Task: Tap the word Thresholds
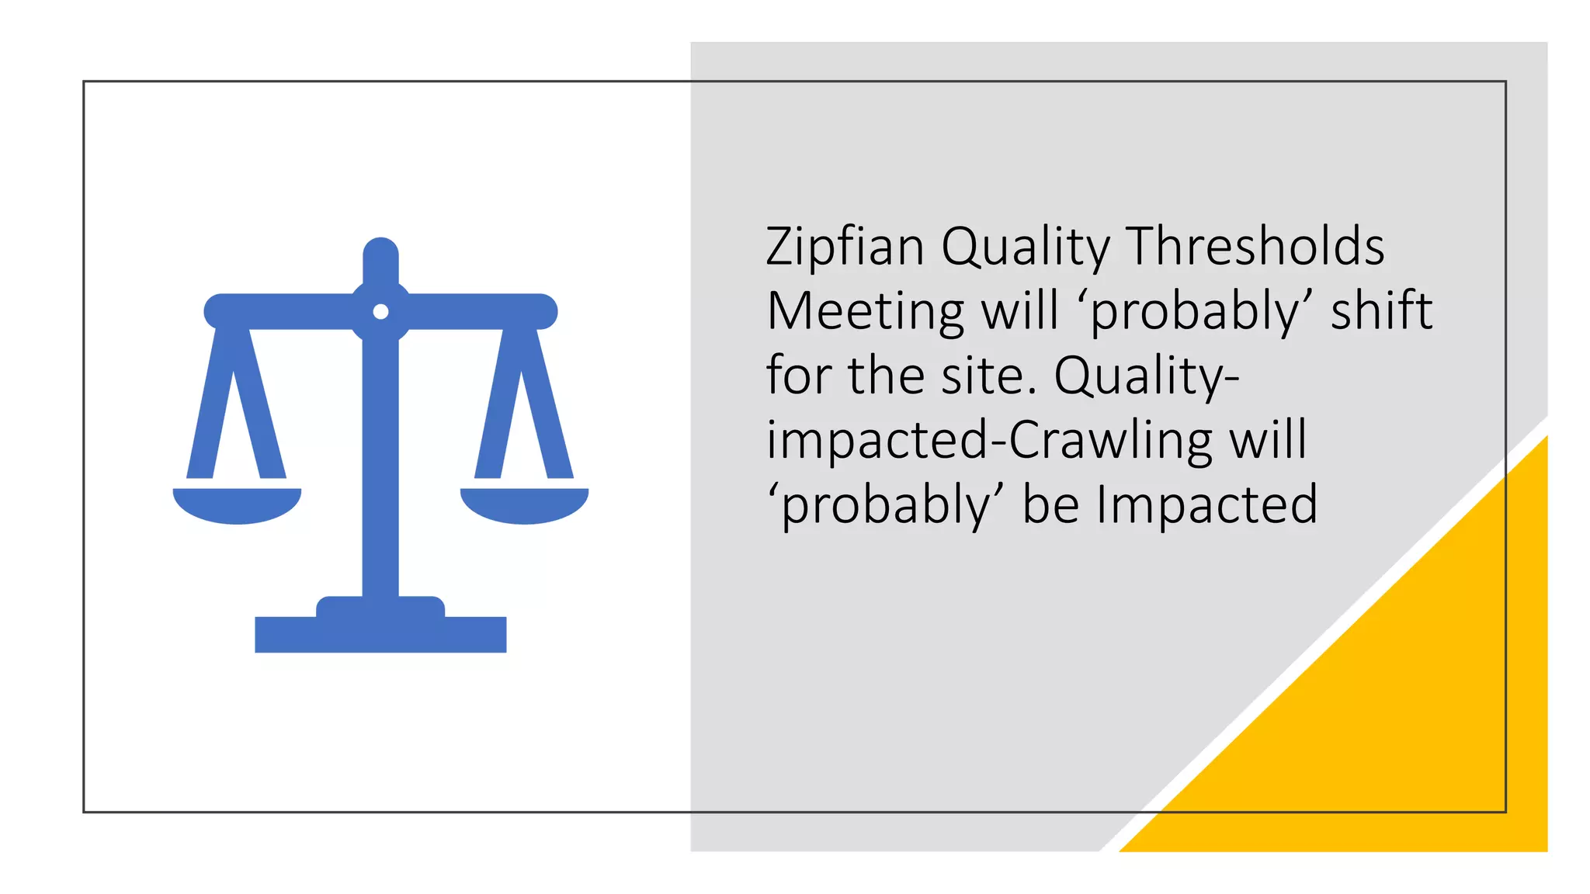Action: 1255,247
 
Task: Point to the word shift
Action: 1381,311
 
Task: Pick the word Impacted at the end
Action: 1207,505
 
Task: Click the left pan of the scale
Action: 237,505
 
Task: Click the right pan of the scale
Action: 525,505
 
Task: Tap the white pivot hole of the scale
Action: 380,311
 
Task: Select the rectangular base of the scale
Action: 380,634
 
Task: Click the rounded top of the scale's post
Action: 380,252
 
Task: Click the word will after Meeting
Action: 1020,311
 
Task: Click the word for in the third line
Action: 798,376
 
